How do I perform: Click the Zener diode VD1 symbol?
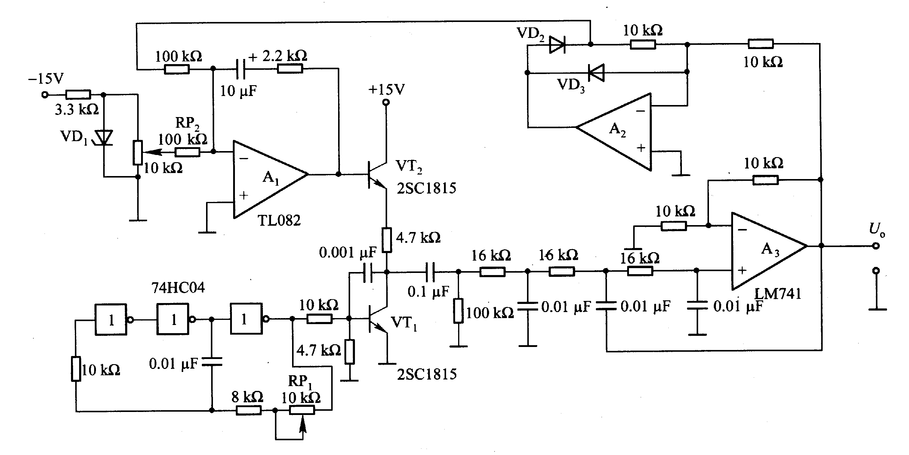(104, 138)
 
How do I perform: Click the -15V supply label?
(46, 78)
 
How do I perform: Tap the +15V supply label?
(387, 90)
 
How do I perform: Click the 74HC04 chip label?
(178, 288)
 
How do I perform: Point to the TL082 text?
(279, 221)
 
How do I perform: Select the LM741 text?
(778, 294)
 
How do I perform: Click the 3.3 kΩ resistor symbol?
(78, 94)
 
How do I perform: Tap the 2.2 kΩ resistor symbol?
(290, 69)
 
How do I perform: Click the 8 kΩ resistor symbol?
(248, 410)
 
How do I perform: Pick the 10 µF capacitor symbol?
(240, 69)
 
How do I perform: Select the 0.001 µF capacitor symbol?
(368, 272)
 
